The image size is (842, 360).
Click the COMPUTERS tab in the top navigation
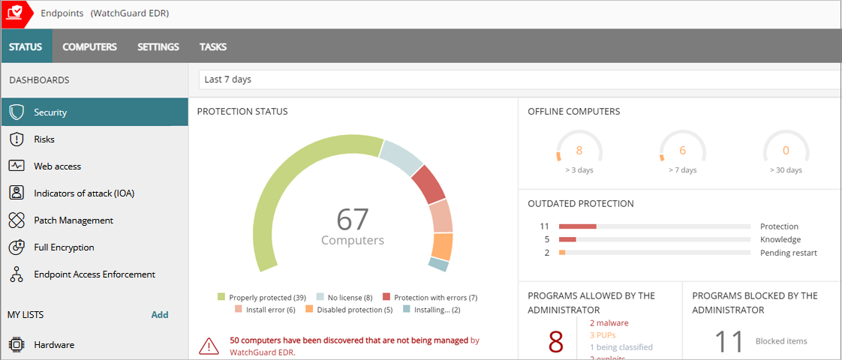(x=89, y=46)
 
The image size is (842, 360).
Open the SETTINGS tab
(x=158, y=46)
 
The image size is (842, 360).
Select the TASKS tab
(x=212, y=46)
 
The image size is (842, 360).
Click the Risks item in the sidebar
(x=44, y=139)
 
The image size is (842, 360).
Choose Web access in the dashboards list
(x=57, y=166)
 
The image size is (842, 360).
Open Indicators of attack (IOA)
(x=83, y=193)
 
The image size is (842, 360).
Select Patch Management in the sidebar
(x=73, y=220)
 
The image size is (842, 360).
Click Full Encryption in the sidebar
(x=64, y=247)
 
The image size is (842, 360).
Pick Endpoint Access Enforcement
(x=94, y=274)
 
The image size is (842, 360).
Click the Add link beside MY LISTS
(x=160, y=315)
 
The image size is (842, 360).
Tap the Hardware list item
(x=53, y=345)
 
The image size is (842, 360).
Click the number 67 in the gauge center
(x=352, y=220)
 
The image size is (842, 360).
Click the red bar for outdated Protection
(x=577, y=226)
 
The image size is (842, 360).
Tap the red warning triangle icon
(x=209, y=346)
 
